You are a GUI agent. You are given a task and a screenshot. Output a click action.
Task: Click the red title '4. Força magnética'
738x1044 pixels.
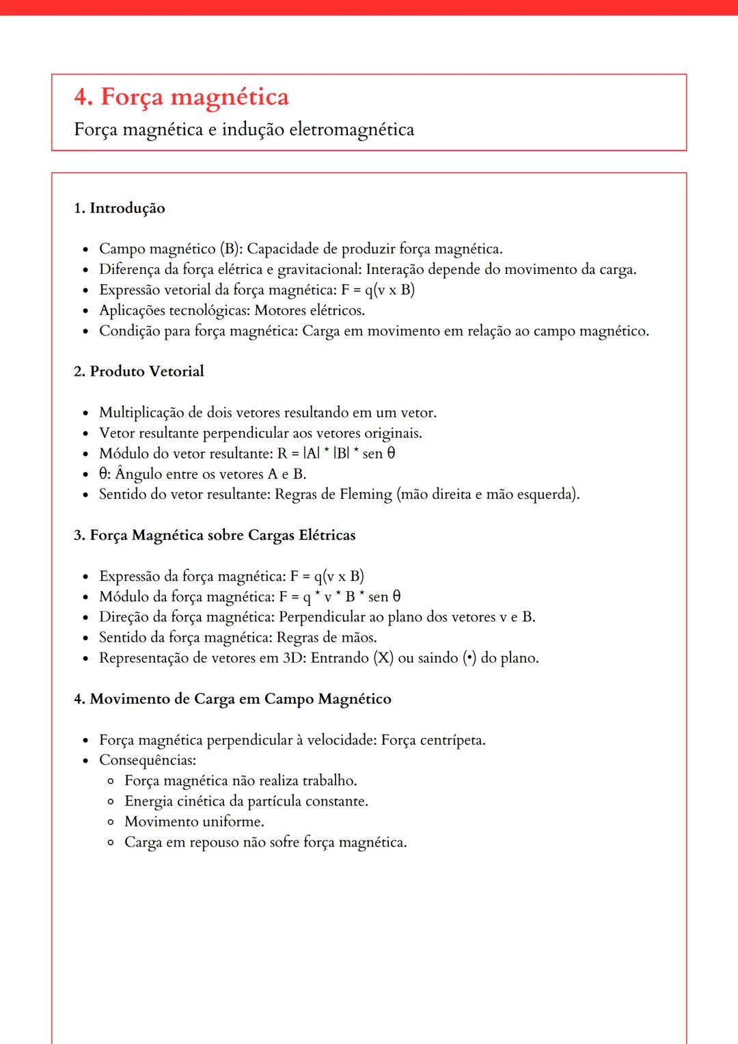click(181, 97)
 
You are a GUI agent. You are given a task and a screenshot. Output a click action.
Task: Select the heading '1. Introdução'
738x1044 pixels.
click(120, 208)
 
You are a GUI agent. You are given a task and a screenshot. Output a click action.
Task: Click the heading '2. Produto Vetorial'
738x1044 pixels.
click(139, 372)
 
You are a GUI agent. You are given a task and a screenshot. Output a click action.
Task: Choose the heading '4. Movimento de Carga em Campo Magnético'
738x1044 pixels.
click(232, 699)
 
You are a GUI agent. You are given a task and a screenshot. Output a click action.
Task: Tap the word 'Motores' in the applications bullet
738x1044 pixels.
click(279, 311)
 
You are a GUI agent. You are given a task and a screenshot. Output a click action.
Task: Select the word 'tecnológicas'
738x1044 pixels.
click(209, 311)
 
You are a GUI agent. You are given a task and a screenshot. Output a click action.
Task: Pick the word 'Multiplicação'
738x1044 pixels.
click(141, 413)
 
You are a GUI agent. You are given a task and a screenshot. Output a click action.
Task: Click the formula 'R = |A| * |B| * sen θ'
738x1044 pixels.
click(336, 454)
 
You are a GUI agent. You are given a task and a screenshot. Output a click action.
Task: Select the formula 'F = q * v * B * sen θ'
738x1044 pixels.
click(340, 597)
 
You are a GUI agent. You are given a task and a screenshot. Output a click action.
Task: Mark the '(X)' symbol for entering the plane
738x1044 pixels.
click(383, 658)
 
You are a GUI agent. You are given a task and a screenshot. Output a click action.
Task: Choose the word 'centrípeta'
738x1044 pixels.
click(452, 740)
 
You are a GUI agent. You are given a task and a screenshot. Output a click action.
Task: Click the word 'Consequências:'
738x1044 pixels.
click(148, 760)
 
